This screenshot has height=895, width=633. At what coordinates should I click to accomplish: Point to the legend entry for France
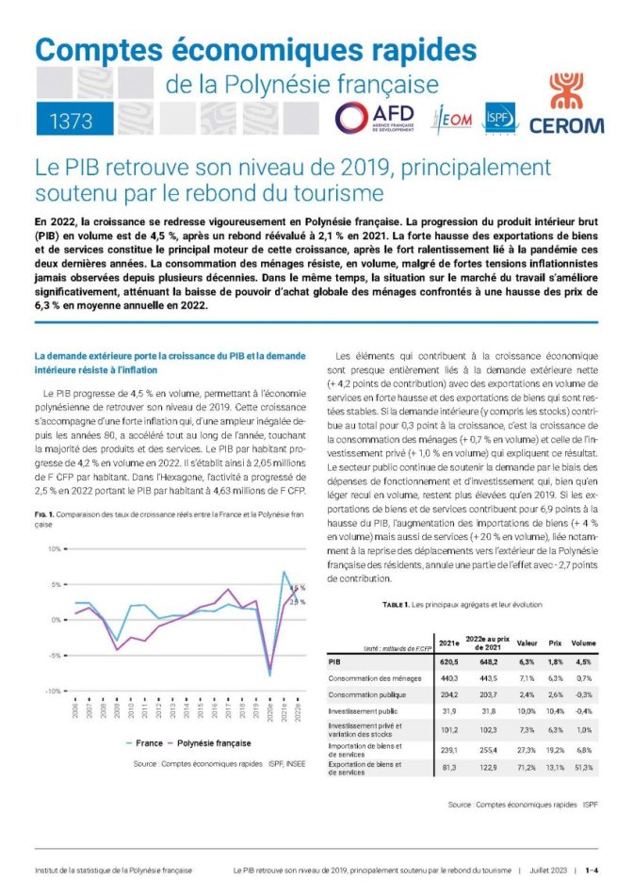[149, 741]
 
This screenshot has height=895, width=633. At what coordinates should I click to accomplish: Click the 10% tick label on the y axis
[54, 548]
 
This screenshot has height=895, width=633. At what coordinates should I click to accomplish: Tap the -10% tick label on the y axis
[53, 692]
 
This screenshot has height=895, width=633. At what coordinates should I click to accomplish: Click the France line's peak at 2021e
[284, 572]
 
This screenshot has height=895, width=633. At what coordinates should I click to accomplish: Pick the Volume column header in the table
[583, 643]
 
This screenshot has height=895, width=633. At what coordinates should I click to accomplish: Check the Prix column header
[556, 643]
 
